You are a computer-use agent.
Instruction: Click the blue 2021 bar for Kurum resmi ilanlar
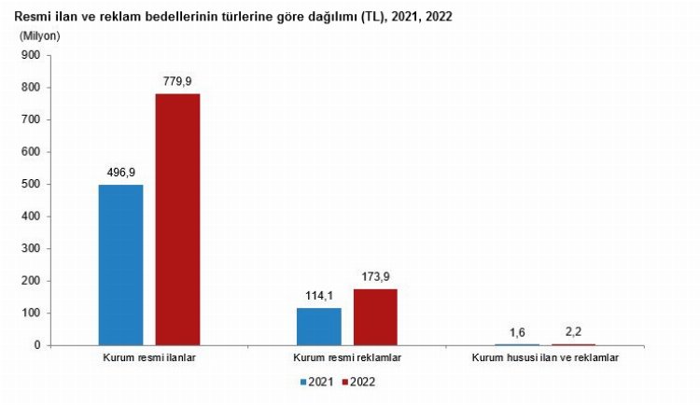(x=120, y=265)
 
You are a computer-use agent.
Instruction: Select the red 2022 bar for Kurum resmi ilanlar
(x=177, y=219)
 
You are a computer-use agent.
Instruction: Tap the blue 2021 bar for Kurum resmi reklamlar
(x=318, y=327)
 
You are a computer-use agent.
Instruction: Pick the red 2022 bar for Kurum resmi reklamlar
(x=375, y=317)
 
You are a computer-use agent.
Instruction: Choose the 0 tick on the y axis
(x=36, y=345)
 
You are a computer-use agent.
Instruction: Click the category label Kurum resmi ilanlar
(x=149, y=357)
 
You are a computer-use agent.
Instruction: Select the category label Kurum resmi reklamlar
(x=347, y=357)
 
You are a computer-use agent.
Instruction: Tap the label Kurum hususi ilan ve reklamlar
(x=545, y=357)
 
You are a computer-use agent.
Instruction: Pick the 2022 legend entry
(x=365, y=382)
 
